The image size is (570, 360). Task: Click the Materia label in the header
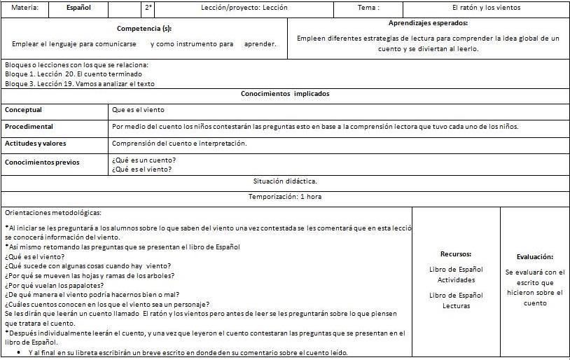25,8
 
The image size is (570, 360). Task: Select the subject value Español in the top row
78,8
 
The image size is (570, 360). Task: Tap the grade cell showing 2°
148,8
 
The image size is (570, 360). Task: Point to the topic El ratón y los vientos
486,8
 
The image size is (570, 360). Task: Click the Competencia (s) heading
144,29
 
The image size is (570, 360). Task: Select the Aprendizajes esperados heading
428,23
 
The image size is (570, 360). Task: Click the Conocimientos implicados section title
285,94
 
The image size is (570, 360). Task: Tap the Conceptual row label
24,110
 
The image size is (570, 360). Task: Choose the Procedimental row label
29,127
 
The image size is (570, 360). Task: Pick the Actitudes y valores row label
36,144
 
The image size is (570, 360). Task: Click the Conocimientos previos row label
42,162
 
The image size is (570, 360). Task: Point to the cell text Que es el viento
138,110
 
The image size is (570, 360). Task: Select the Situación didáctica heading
285,181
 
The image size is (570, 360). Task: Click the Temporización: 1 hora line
285,197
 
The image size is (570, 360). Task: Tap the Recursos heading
456,254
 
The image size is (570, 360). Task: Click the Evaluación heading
535,257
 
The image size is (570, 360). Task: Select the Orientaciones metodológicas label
53,212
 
